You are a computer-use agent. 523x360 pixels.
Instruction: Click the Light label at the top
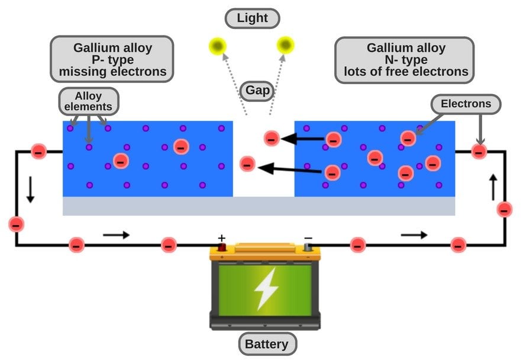point(253,18)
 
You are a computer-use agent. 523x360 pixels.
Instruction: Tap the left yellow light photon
point(217,45)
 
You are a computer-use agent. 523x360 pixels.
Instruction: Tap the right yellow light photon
point(286,44)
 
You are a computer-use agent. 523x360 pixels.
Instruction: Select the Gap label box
point(259,91)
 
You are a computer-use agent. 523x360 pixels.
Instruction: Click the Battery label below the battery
point(267,344)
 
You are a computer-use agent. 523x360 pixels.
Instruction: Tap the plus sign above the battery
point(222,239)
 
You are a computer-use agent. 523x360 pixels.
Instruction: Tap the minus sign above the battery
point(308,239)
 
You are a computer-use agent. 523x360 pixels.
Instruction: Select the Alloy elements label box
point(89,102)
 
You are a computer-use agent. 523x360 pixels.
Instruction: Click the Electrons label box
point(466,104)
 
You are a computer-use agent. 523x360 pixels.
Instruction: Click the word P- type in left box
point(112,60)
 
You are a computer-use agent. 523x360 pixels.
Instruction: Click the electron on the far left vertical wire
point(17,224)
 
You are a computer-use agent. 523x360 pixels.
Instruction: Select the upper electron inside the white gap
point(271,139)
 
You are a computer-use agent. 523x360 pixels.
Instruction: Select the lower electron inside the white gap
point(248,163)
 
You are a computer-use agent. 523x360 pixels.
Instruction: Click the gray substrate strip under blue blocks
point(259,206)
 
